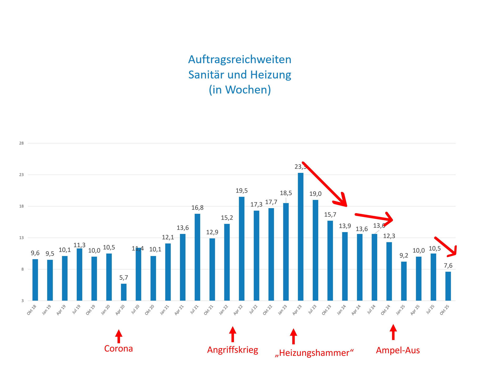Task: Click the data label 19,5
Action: tap(241, 191)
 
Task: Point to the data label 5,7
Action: tap(124, 278)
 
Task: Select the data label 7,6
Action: tap(448, 265)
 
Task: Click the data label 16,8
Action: tap(197, 208)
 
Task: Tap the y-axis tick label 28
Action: tap(21, 143)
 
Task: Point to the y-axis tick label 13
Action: tap(21, 238)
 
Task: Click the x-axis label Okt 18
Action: tap(32, 310)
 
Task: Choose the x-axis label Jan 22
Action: tap(223, 310)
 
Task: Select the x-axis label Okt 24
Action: tap(386, 310)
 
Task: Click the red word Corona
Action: tap(118, 349)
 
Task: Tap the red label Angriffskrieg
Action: tap(233, 350)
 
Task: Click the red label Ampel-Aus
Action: tap(398, 350)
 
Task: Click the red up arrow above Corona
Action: tap(119, 336)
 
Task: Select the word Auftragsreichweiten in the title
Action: tap(240, 60)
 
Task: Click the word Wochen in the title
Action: tap(246, 90)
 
